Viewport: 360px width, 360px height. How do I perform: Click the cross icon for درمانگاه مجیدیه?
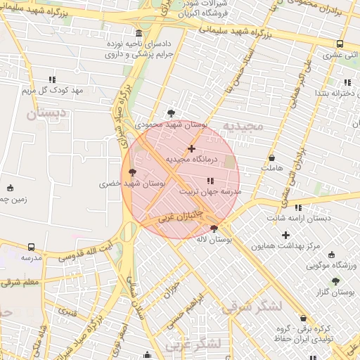(191, 148)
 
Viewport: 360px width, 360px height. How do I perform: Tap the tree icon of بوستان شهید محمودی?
(171, 113)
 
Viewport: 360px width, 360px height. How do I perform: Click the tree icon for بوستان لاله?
(214, 228)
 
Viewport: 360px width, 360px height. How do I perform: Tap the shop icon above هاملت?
(271, 157)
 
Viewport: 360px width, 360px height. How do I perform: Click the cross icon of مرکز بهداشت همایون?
(285, 235)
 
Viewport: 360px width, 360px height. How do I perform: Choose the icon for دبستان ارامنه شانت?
(298, 207)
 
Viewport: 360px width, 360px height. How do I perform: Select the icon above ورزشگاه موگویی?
(332, 255)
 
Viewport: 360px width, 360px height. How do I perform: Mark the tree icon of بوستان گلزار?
(335, 281)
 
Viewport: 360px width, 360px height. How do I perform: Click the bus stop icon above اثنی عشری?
(340, 43)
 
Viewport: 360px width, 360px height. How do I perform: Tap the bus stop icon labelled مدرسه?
(31, 247)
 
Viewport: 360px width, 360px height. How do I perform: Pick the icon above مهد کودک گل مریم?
(52, 79)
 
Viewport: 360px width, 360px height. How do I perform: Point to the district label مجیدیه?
(243, 127)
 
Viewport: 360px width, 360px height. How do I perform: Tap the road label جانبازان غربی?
(181, 214)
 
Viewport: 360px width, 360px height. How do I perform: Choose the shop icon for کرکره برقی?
(303, 318)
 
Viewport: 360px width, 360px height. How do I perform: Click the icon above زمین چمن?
(10, 188)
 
